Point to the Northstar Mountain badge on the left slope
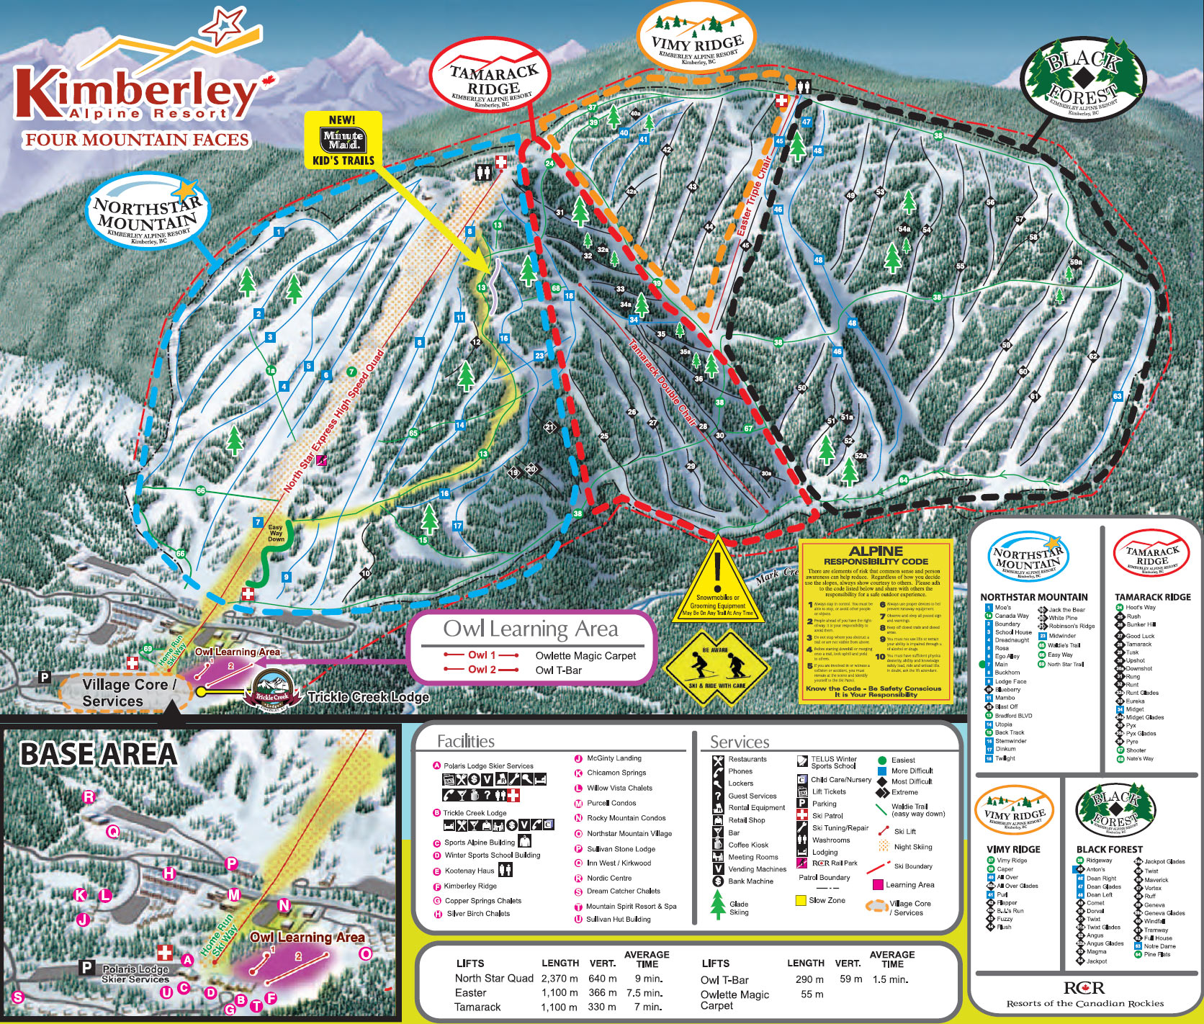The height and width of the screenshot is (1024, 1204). point(145,215)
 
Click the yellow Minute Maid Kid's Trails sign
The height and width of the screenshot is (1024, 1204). point(343,140)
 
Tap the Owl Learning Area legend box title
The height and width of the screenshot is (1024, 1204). point(530,629)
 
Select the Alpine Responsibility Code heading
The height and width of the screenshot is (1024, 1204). point(876,555)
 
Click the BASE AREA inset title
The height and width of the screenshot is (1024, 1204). point(99,754)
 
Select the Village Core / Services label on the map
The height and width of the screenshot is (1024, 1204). point(128,693)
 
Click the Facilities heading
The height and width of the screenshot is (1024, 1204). point(465,742)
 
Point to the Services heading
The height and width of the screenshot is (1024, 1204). point(739,742)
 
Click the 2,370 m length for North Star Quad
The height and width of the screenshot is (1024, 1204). point(559,979)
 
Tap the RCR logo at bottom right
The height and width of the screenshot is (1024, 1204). point(1084,988)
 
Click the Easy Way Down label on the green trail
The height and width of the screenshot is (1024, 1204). point(276,533)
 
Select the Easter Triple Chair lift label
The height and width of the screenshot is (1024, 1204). point(754,197)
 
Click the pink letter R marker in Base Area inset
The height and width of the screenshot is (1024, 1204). point(89,796)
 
